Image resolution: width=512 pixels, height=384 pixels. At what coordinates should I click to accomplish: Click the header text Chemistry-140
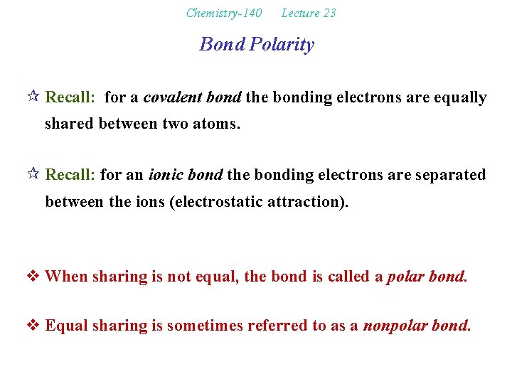223,13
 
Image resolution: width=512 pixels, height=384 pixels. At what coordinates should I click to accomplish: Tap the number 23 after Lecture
329,13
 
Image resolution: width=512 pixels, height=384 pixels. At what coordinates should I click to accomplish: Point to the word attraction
311,201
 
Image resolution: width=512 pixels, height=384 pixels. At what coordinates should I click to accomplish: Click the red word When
66,276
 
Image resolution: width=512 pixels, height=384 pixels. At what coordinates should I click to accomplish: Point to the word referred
282,326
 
